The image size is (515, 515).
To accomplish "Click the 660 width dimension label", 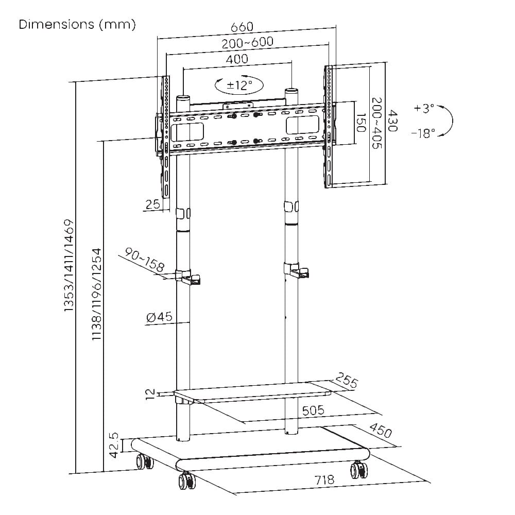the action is pyautogui.click(x=242, y=27).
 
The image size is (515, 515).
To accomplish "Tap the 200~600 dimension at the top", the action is pyautogui.click(x=247, y=42).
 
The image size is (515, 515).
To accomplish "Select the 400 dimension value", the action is pyautogui.click(x=237, y=59).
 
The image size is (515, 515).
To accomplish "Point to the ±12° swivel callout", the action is pyautogui.click(x=239, y=85).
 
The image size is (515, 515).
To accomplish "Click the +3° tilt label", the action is pyautogui.click(x=424, y=108).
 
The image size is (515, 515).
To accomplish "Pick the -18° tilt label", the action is pyautogui.click(x=423, y=133).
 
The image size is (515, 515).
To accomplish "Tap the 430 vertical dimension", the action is pyautogui.click(x=392, y=121).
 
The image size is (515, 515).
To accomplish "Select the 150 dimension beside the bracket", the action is pyautogui.click(x=361, y=123).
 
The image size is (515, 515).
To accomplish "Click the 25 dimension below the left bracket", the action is pyautogui.click(x=153, y=204).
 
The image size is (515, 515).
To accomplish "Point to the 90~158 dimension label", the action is pyautogui.click(x=145, y=260).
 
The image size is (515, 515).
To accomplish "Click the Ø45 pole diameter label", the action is pyautogui.click(x=159, y=317).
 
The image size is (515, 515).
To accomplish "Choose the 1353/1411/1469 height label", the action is pyautogui.click(x=68, y=266).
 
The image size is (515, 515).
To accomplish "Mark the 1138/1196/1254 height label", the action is pyautogui.click(x=97, y=294).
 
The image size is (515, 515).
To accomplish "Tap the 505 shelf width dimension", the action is pyautogui.click(x=313, y=410).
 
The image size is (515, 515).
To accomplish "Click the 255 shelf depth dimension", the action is pyautogui.click(x=347, y=381).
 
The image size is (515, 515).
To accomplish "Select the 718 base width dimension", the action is pyautogui.click(x=324, y=480).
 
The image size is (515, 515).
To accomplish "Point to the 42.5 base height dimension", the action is pyautogui.click(x=114, y=445).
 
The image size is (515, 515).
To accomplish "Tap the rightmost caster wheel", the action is pyautogui.click(x=358, y=470).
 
